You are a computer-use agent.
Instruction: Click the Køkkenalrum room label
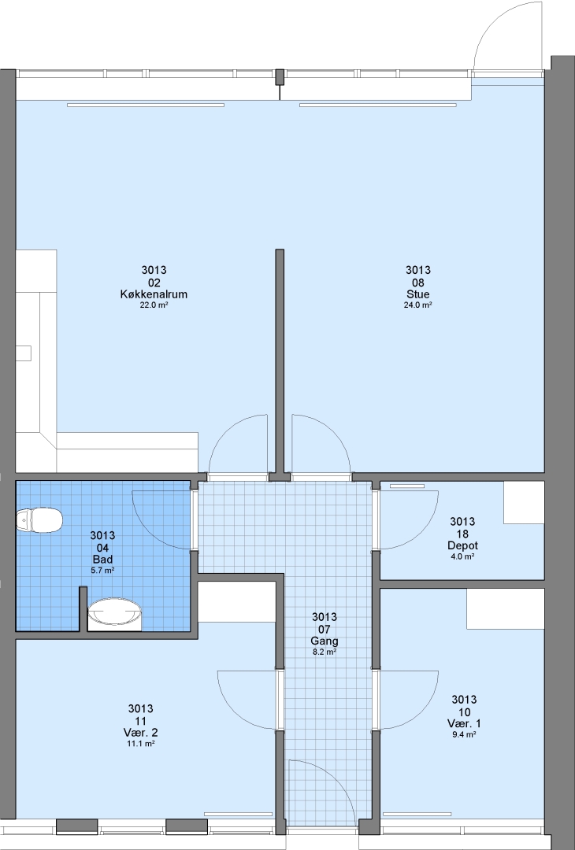154,294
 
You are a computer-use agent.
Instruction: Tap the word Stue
418,294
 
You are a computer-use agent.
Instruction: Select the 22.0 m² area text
154,305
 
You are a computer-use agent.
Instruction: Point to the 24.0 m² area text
418,305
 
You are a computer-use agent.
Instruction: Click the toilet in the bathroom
39,520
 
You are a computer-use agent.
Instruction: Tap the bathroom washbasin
115,615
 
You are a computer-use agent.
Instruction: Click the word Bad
102,560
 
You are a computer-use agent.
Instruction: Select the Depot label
462,545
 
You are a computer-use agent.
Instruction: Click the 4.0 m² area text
462,556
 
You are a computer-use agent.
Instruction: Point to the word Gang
325,641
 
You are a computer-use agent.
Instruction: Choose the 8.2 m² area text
325,652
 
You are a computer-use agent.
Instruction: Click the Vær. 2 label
140,733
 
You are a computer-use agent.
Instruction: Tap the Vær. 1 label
465,723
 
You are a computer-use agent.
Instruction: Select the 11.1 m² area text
140,743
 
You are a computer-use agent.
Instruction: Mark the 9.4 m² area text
465,734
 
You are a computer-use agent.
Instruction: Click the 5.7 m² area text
102,571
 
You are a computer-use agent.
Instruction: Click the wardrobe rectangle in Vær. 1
505,608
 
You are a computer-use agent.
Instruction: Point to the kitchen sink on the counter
24,353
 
